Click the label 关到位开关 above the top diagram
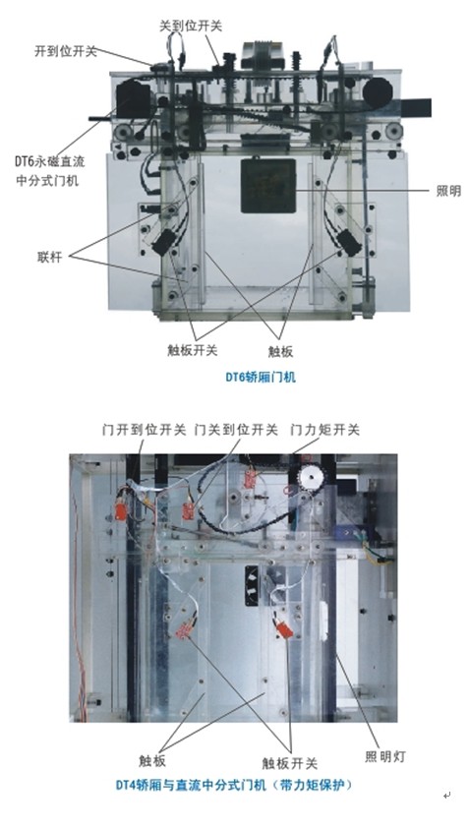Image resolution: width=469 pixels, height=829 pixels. pyautogui.click(x=191, y=26)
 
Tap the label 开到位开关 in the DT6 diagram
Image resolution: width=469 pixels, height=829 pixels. pyautogui.click(x=66, y=51)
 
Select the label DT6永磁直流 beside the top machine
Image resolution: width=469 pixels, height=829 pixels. pyautogui.click(x=50, y=161)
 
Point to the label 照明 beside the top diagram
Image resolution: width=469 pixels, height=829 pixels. pyautogui.click(x=448, y=191)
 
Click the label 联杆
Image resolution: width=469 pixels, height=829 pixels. pyautogui.click(x=50, y=258)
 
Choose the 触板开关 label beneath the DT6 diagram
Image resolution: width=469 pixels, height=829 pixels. pyautogui.click(x=193, y=350)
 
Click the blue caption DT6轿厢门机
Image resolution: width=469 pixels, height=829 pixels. pyautogui.click(x=261, y=378)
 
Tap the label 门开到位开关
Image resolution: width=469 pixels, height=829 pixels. pyautogui.click(x=145, y=431)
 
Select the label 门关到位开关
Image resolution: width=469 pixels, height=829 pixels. pyautogui.click(x=236, y=431)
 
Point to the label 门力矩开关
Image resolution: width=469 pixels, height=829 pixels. pyautogui.click(x=325, y=431)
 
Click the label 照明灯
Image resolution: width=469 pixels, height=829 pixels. pyautogui.click(x=384, y=756)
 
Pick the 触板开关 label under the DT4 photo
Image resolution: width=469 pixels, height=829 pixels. pyautogui.click(x=290, y=763)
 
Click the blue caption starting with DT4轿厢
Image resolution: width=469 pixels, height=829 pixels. pyautogui.click(x=234, y=785)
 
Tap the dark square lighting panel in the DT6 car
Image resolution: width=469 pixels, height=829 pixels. pyautogui.click(x=268, y=186)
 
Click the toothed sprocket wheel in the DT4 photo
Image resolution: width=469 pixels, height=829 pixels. pyautogui.click(x=311, y=479)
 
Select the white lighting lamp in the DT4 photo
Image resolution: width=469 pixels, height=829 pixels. pyautogui.click(x=324, y=621)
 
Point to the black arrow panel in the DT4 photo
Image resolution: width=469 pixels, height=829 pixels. pyautogui.click(x=253, y=585)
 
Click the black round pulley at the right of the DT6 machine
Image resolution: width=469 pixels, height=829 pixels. pyautogui.click(x=378, y=93)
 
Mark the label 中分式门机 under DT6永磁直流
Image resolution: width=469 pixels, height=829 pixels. pyautogui.click(x=47, y=180)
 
